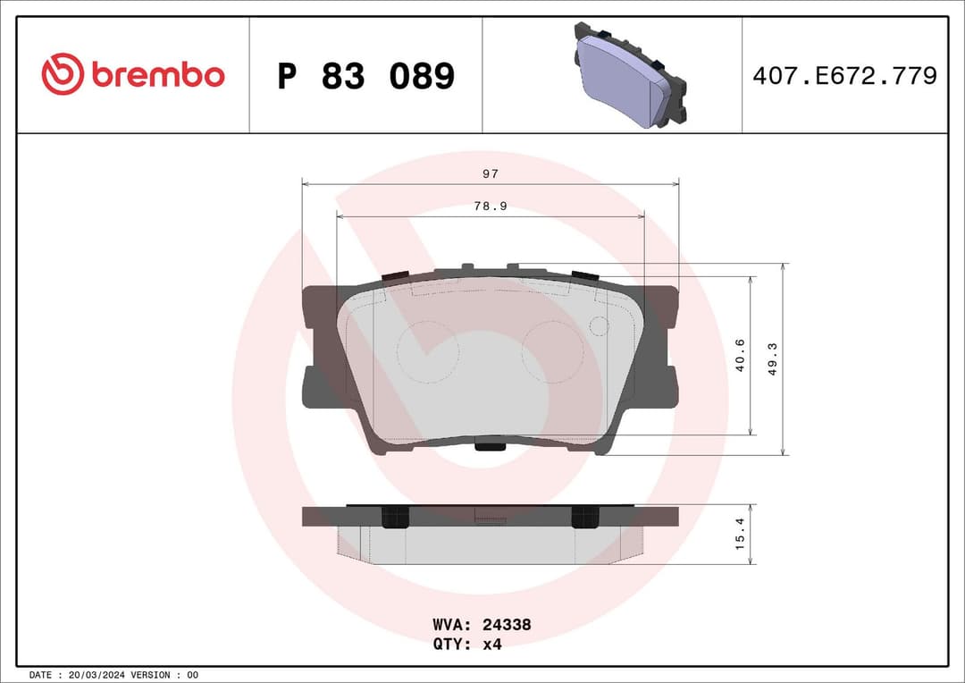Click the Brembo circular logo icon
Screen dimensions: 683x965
point(63,75)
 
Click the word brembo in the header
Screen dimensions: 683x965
point(157,76)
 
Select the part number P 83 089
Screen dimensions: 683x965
point(365,77)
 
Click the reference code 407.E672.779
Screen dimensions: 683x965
point(844,76)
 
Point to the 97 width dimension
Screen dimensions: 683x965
point(490,173)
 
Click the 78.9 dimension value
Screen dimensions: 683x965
point(490,206)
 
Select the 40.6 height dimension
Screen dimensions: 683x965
point(739,356)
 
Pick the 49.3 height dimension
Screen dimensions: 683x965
point(773,358)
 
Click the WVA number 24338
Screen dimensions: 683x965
point(508,625)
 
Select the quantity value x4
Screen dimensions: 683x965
point(491,644)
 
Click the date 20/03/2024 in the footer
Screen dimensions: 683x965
point(98,674)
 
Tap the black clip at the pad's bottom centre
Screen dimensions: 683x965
point(490,444)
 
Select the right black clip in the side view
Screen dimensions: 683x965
point(585,516)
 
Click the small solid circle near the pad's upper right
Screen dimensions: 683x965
point(600,326)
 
